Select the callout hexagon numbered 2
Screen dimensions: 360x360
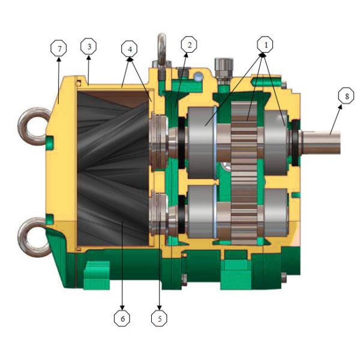coord(188,45)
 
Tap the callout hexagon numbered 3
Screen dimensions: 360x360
coord(88,47)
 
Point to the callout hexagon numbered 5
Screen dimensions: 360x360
coord(159,319)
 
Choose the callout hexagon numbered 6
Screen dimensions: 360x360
coord(122,319)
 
